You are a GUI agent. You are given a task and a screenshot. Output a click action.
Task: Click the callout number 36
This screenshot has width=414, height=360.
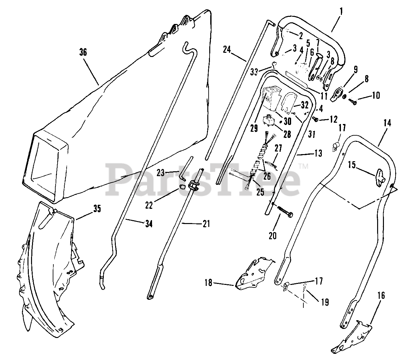point(83,52)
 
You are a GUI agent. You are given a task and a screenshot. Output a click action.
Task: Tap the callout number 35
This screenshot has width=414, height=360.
point(97,209)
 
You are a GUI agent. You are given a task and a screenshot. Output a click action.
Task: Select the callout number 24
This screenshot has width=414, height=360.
point(227,50)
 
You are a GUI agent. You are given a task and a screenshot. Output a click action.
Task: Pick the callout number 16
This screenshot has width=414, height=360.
point(381,295)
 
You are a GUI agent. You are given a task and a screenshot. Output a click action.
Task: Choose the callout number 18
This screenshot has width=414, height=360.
point(208,283)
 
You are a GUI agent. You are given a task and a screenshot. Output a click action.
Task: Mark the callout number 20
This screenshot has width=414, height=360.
point(273,235)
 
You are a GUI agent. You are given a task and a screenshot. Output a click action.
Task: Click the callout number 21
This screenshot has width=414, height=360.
point(206,223)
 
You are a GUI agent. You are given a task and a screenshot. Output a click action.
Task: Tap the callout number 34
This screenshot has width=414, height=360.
point(148,223)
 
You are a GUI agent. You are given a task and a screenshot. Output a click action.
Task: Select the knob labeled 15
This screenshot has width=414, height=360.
point(379,177)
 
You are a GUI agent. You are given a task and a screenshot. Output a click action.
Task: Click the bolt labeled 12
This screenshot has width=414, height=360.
point(315,119)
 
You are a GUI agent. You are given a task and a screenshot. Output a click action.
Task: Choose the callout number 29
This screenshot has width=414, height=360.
point(254,128)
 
